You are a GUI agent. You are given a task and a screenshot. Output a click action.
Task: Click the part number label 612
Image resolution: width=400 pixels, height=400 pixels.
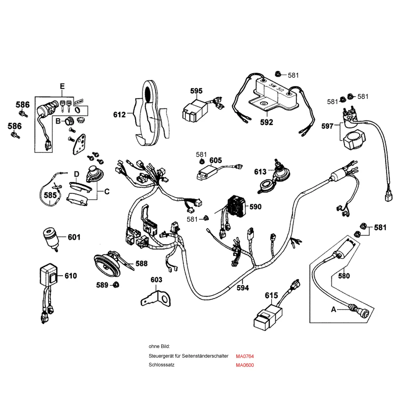[119, 115]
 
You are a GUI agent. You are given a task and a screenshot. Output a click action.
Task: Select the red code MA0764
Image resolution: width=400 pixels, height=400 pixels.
[245, 356]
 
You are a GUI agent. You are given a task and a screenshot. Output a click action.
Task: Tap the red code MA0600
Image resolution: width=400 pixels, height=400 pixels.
[245, 365]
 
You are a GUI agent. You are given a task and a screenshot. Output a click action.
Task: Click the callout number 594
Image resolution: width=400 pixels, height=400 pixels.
[243, 288]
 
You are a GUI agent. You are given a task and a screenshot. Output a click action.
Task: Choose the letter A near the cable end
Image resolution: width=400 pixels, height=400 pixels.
[333, 309]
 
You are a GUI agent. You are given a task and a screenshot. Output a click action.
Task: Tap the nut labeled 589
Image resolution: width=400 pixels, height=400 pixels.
[116, 285]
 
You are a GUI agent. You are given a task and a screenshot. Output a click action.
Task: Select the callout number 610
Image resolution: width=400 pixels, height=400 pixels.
[70, 276]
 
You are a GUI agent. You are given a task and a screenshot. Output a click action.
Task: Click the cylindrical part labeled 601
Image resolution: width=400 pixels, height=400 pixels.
[51, 238]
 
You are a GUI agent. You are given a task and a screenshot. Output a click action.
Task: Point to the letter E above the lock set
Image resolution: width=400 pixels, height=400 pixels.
[62, 86]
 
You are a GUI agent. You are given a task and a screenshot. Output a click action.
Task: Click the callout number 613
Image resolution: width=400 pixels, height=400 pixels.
[260, 172]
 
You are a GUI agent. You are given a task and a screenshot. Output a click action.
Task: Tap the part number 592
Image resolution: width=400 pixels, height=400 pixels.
[266, 122]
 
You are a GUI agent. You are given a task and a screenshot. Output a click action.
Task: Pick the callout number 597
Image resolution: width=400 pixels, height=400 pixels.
[327, 126]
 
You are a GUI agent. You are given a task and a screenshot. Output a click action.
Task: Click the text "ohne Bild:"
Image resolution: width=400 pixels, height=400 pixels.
[159, 346]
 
